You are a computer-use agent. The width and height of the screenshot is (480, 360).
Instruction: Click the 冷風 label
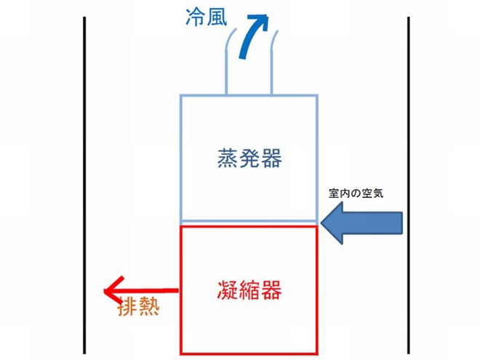207,17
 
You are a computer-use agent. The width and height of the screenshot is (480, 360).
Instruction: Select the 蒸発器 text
249,159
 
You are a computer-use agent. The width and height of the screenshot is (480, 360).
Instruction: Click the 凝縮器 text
249,290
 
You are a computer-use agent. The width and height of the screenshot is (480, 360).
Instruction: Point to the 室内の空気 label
356,193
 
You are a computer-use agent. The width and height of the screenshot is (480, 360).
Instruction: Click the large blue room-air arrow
361,223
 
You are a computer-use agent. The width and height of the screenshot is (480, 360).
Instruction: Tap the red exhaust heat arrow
141,291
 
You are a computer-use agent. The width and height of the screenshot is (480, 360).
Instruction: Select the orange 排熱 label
139,305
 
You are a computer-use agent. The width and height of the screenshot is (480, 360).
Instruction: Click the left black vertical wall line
84,185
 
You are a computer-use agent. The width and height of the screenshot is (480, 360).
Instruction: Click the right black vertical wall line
409,185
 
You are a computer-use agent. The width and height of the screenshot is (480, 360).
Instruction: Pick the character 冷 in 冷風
196,17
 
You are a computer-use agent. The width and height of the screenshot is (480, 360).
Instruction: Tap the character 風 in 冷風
217,17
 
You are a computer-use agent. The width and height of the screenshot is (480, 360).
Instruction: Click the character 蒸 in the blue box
227,159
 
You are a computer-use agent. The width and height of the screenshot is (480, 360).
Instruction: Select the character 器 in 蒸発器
272,159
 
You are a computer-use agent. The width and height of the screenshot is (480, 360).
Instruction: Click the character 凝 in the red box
227,290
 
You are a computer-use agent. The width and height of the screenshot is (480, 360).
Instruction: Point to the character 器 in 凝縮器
272,290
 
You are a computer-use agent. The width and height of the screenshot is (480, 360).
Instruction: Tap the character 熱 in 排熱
150,305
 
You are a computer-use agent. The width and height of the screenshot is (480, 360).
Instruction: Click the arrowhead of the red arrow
113,291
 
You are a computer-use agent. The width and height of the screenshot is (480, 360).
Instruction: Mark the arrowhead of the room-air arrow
332,223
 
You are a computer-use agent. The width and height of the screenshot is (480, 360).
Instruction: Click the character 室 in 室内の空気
334,193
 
